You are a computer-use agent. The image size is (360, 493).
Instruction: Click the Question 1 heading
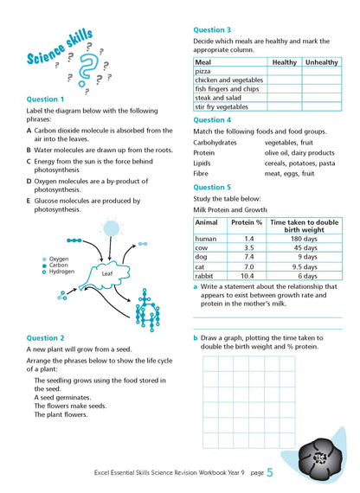[x=45, y=99]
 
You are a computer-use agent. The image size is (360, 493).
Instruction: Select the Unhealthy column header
[x=322, y=62]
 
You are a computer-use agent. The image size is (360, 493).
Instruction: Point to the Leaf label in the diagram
[x=107, y=273]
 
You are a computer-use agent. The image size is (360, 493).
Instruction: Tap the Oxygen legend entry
[x=58, y=259]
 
